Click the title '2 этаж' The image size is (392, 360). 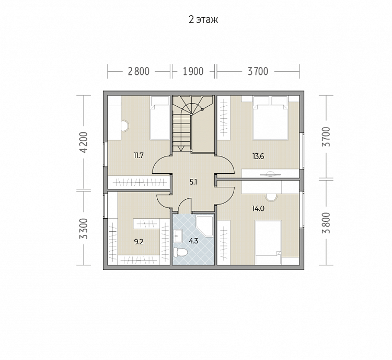point(203,19)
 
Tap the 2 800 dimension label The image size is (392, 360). point(139,72)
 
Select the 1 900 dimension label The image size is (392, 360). point(193,72)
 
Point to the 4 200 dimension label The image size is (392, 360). point(85,142)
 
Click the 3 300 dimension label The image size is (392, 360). point(85,229)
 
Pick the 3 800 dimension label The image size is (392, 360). point(326,223)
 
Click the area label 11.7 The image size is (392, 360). point(139,155)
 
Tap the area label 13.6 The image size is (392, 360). point(258,156)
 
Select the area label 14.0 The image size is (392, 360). point(258,208)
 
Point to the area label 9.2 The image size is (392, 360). point(139,242)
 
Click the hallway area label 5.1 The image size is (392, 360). point(193,182)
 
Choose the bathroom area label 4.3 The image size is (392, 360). point(193,241)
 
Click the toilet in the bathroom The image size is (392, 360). point(180,252)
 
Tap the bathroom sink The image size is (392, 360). point(178,236)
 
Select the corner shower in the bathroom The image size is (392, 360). point(204,226)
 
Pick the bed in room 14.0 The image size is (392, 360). point(268,242)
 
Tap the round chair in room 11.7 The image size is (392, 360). point(125,126)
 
